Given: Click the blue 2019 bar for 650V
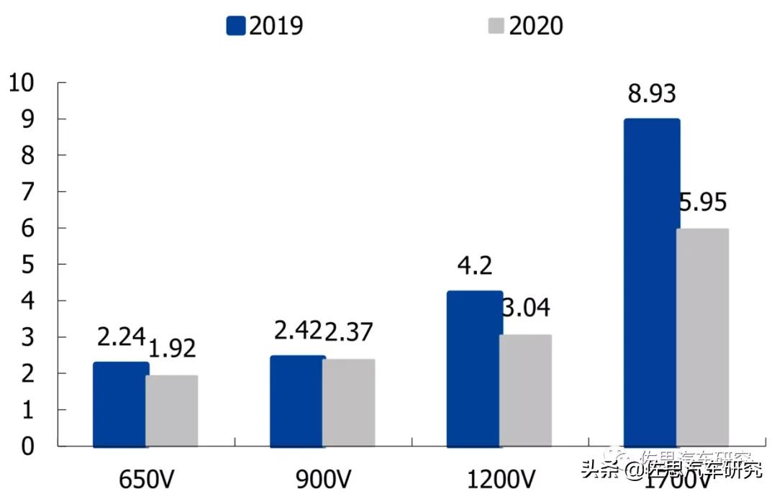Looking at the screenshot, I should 120,404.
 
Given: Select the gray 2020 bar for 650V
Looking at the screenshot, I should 173,411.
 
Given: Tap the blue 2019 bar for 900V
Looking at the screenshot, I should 296,401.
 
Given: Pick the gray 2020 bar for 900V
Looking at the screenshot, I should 349,403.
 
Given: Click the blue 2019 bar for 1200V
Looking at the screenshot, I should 473,369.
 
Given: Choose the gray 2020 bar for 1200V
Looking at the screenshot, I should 526,390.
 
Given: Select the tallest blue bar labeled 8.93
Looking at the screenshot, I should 651,283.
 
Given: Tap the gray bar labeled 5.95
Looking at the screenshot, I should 703,337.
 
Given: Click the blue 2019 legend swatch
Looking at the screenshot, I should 236,26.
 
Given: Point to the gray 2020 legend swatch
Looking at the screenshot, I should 496,26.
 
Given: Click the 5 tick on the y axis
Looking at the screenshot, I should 27,265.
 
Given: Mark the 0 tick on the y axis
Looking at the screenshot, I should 27,447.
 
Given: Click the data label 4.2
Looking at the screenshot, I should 474,266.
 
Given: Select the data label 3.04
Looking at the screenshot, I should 524,308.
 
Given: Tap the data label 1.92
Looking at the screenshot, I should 171,349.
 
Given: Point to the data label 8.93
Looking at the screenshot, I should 650,93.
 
